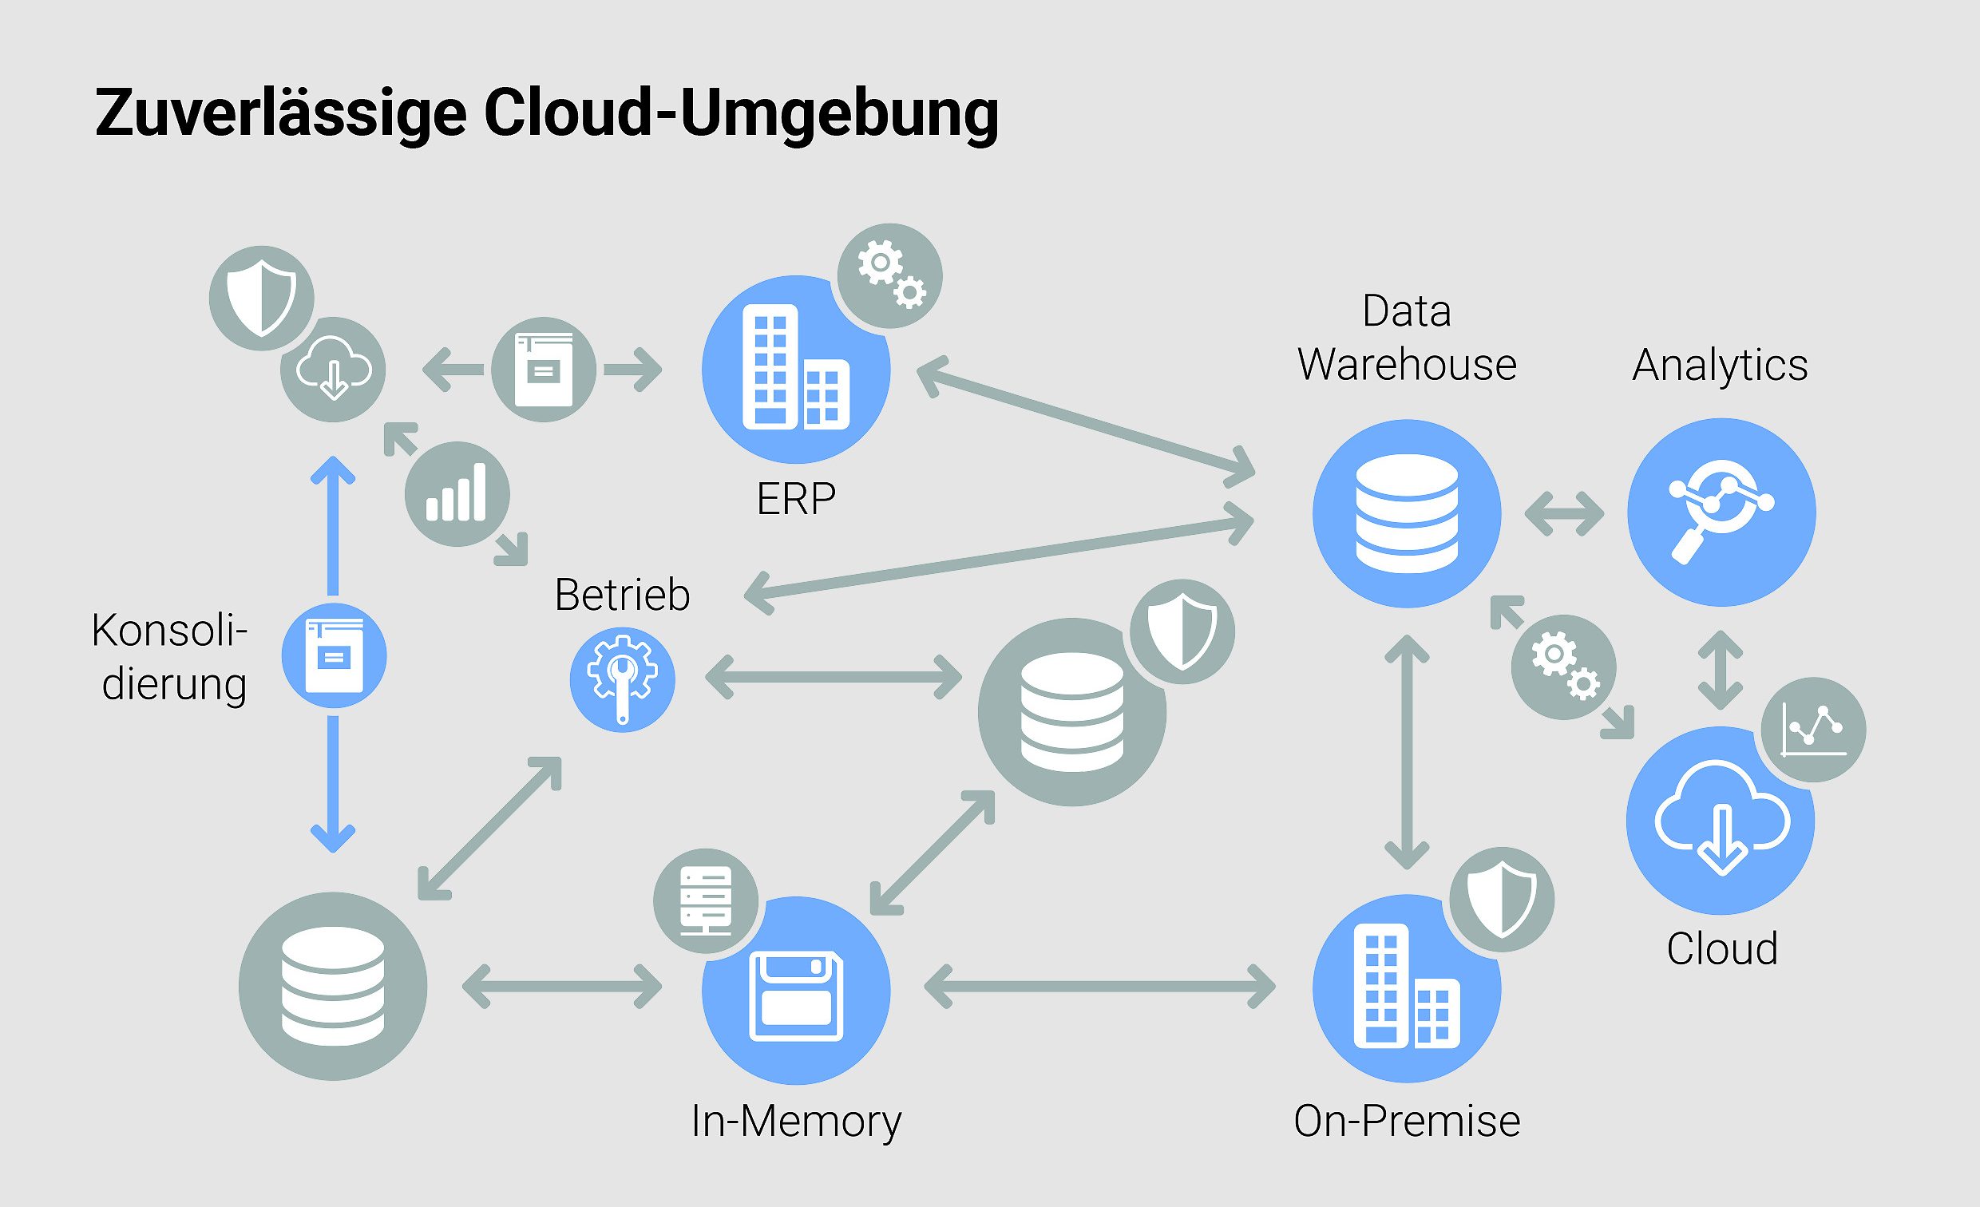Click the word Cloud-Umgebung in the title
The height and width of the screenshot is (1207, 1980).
(x=741, y=114)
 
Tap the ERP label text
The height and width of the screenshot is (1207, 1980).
(x=795, y=499)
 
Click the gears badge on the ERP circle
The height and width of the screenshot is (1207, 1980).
(x=889, y=275)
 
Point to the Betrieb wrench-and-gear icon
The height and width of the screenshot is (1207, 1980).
(x=622, y=679)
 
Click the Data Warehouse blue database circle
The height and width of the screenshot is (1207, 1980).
(x=1406, y=512)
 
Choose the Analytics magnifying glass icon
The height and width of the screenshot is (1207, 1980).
(x=1721, y=512)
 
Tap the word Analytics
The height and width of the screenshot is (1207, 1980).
(x=1720, y=366)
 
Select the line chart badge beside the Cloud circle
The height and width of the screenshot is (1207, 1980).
(x=1813, y=730)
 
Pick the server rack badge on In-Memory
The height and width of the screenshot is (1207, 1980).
(x=705, y=900)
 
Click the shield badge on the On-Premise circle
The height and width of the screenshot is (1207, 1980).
(x=1501, y=899)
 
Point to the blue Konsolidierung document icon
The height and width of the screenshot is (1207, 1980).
(x=334, y=655)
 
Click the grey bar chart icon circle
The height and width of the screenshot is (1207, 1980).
(x=457, y=493)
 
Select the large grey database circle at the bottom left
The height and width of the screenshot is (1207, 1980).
(x=333, y=985)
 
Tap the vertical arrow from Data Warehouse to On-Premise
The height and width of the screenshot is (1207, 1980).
(x=1406, y=751)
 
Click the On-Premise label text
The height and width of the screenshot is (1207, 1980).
(x=1406, y=1120)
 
